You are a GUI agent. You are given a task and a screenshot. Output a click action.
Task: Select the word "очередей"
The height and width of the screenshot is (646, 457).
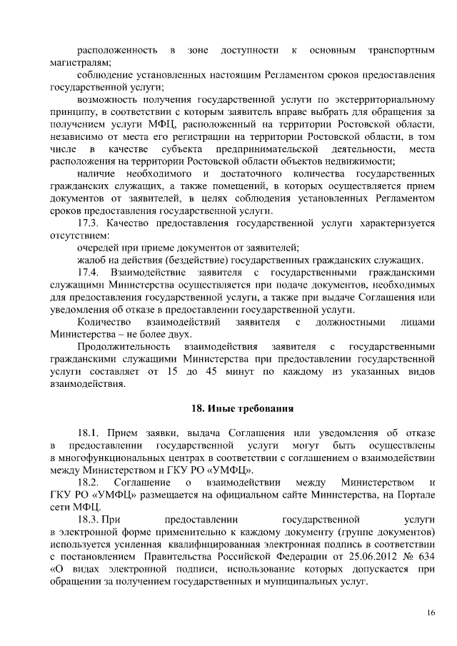[x=98, y=248]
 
